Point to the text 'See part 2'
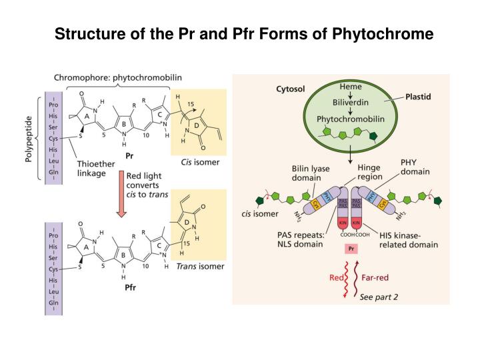click(x=379, y=297)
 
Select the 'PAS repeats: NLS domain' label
click(x=301, y=239)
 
